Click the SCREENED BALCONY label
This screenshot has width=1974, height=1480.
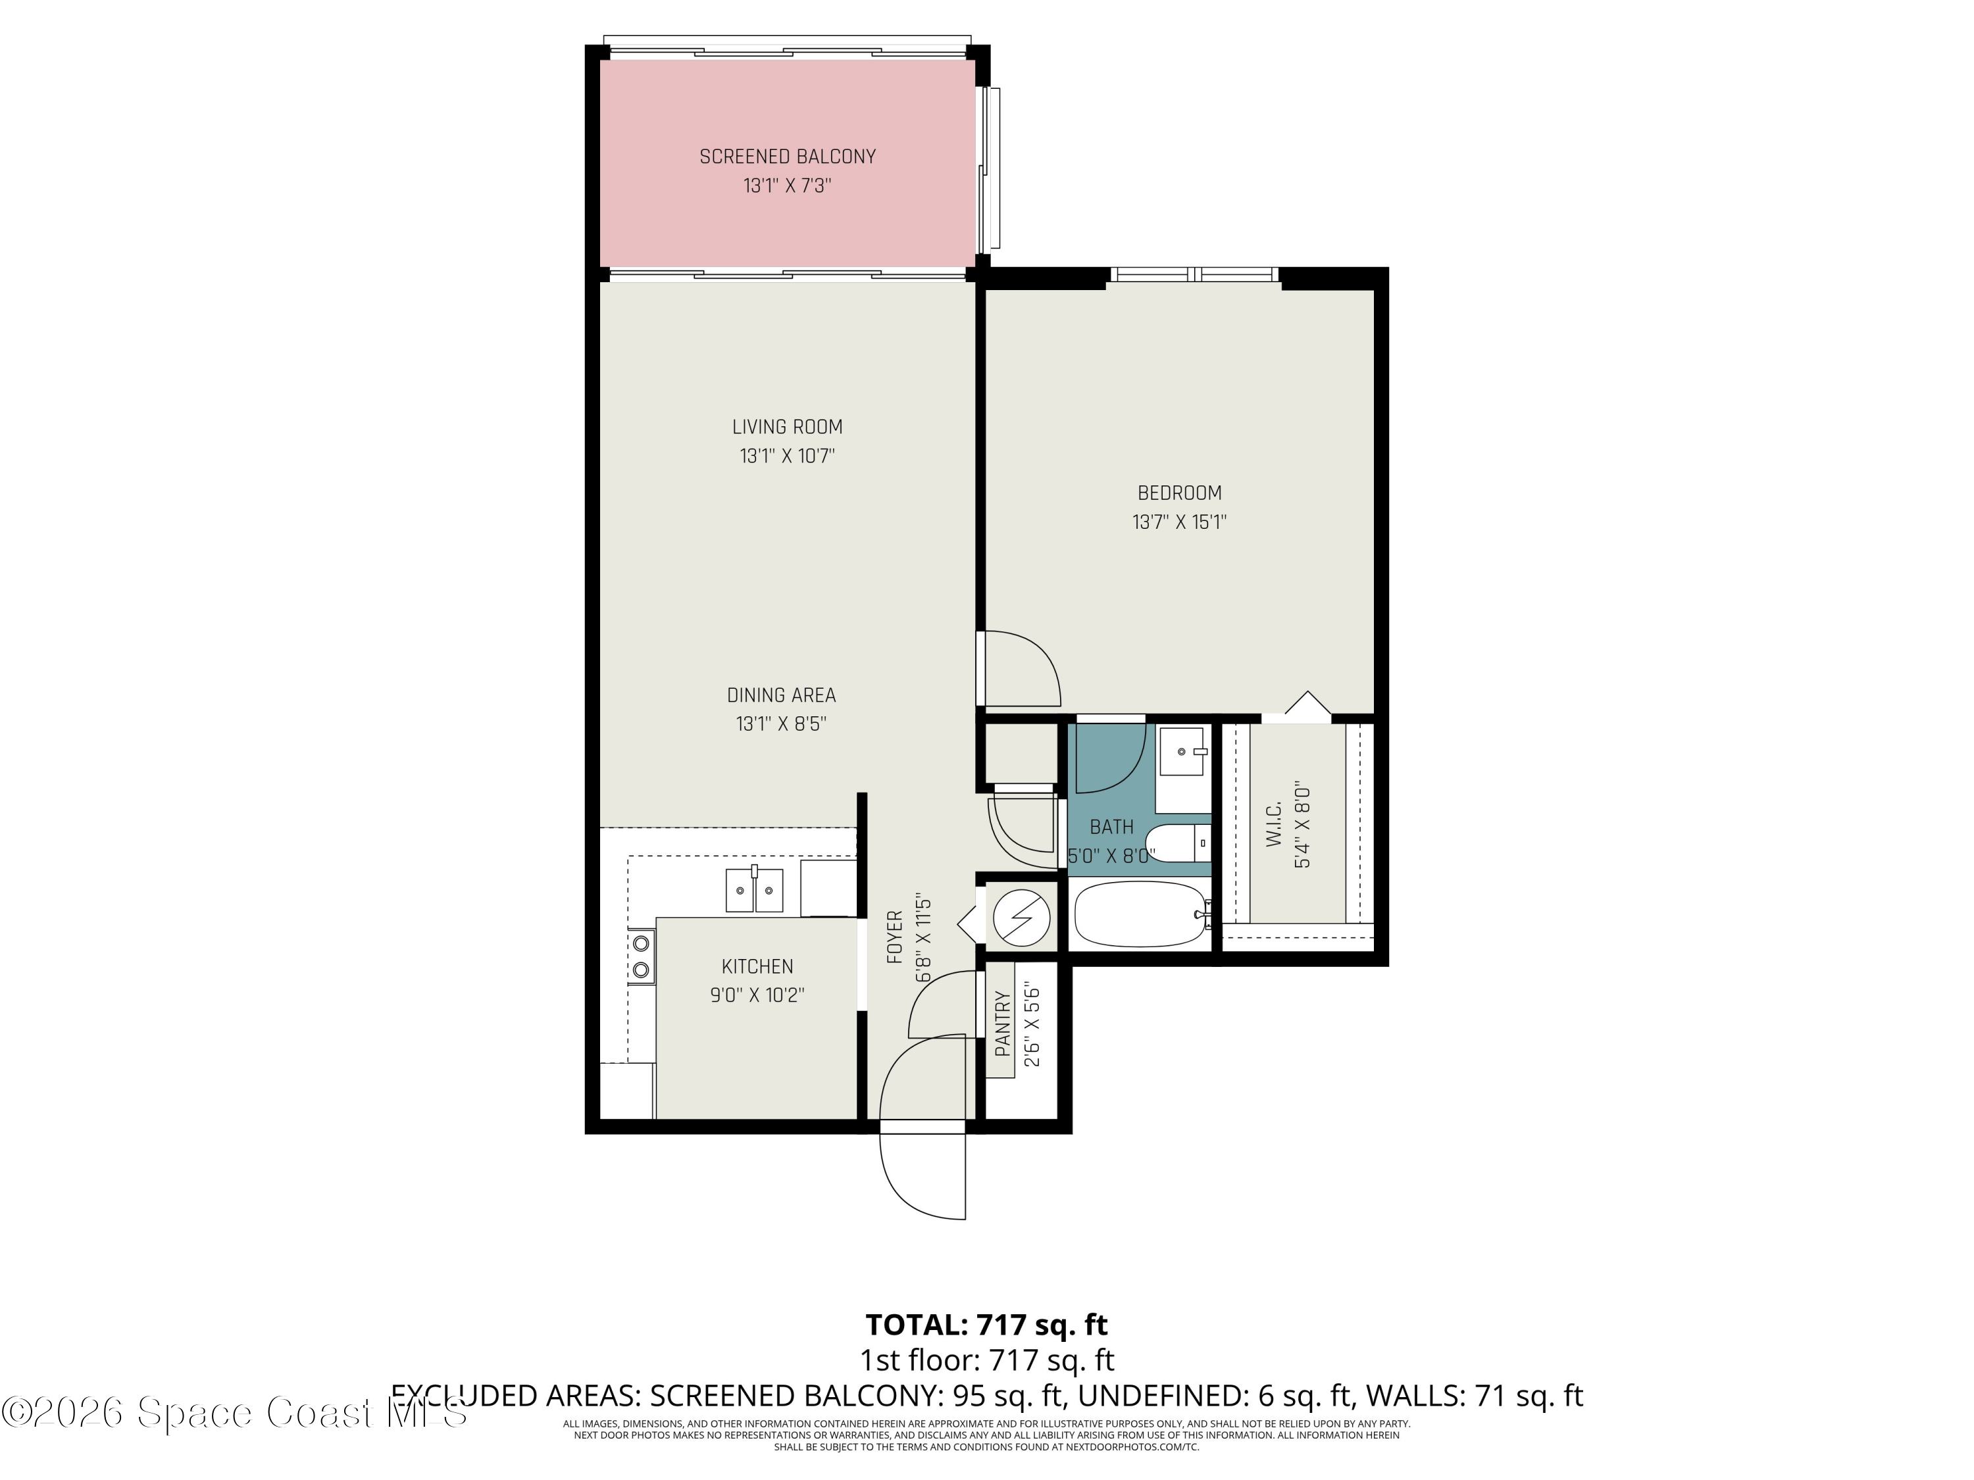787,157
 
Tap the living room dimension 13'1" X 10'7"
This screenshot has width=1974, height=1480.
787,456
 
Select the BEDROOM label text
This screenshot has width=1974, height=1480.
1179,493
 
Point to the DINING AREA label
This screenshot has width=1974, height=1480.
781,695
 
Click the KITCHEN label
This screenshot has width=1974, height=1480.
757,966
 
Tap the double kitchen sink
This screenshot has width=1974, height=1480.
754,891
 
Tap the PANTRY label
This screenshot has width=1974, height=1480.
1003,1024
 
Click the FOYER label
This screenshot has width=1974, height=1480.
895,937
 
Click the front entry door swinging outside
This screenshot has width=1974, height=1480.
922,1176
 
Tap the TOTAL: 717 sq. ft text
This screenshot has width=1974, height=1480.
986,1325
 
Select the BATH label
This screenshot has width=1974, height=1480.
1111,827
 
